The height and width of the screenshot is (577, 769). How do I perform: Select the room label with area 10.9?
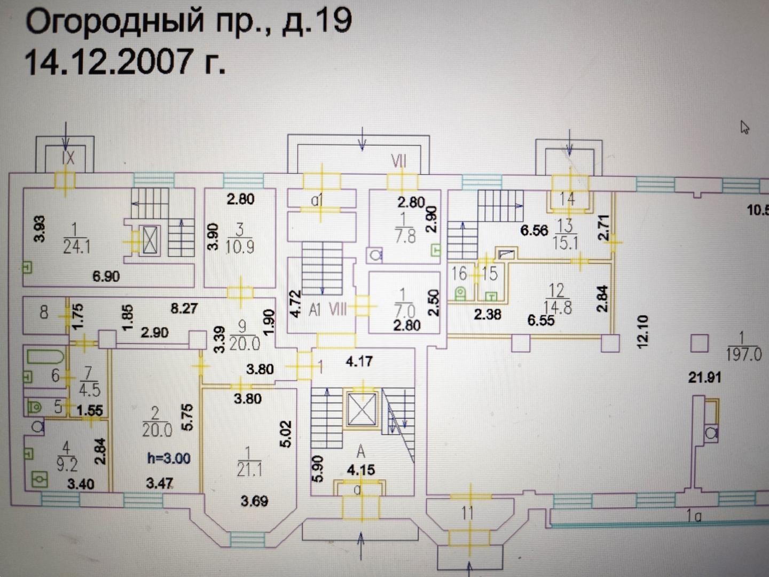[239, 238]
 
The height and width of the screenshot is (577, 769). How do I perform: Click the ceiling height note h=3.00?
[169, 458]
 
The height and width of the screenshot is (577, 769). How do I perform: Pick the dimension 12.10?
[642, 332]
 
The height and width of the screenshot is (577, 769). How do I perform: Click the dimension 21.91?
[704, 378]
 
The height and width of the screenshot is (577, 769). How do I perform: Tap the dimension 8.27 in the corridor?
[184, 308]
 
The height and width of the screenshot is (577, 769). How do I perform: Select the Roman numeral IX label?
[68, 158]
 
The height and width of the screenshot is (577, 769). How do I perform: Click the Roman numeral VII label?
[398, 160]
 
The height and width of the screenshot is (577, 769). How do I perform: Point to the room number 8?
[44, 312]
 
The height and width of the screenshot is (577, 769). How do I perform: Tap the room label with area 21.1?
[249, 462]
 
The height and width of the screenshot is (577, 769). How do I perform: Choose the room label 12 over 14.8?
[557, 299]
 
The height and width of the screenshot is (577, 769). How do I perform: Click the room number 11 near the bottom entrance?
[467, 513]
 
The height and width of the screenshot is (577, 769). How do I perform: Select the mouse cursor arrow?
[744, 127]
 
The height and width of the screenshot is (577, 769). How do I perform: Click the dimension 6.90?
[106, 276]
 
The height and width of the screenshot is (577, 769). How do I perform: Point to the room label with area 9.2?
[67, 457]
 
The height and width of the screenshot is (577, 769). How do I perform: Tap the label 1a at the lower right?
[694, 516]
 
